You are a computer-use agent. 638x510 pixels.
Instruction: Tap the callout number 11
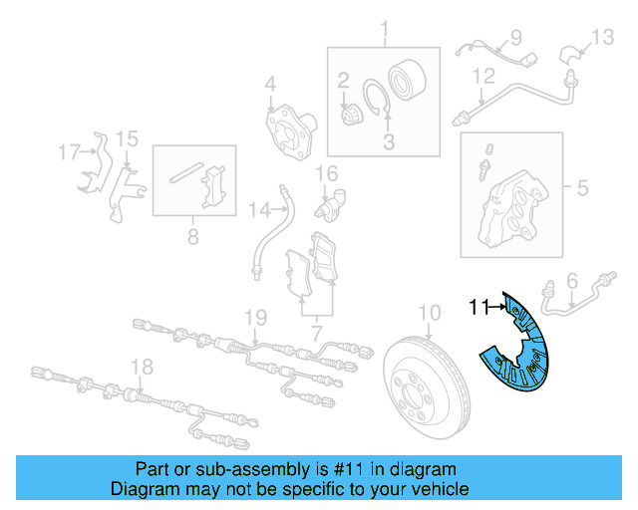pos(478,309)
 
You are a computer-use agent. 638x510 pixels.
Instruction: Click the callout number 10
pos(428,313)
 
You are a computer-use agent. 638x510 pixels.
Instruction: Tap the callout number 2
pos(343,80)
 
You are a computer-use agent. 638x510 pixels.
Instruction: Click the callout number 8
pos(192,237)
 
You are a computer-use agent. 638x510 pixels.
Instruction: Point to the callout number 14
pos(259,209)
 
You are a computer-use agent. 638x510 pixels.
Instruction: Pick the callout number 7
pos(316,329)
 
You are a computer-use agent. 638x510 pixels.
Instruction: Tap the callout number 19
pos(256,318)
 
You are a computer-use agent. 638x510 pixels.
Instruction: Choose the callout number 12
pos(482,76)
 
